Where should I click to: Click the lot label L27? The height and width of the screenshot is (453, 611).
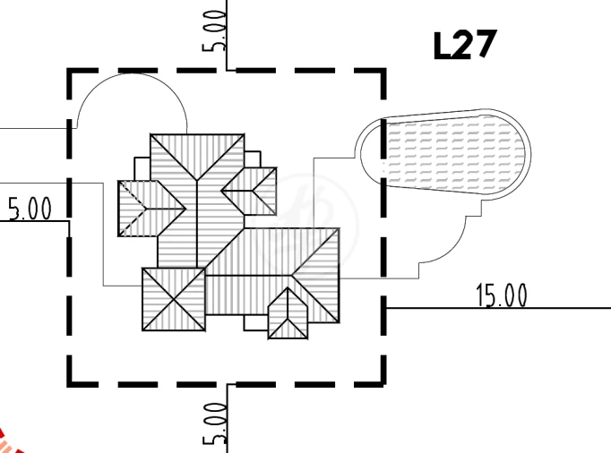tap(465, 45)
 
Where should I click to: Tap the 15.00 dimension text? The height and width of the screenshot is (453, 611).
tap(502, 295)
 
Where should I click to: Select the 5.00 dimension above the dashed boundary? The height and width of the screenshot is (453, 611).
tap(214, 30)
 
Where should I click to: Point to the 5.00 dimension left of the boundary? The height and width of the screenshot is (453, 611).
tap(30, 209)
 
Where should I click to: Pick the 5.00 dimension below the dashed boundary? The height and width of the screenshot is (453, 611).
tap(214, 423)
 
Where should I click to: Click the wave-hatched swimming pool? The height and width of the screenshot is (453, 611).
tap(454, 154)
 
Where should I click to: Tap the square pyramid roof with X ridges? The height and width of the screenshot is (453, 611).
tap(174, 299)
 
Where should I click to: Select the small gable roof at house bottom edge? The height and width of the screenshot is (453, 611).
tap(288, 313)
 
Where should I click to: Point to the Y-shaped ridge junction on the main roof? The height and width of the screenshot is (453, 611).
tap(197, 180)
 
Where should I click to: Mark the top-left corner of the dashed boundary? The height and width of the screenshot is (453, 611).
tap(70, 71)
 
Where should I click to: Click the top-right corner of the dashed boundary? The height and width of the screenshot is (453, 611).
tap(383, 71)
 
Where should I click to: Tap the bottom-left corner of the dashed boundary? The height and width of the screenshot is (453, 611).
tap(70, 384)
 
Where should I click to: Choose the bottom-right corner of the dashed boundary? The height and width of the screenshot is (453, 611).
tap(383, 384)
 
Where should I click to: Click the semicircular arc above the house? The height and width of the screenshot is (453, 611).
tap(132, 74)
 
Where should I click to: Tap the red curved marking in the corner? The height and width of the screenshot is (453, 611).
tap(7, 443)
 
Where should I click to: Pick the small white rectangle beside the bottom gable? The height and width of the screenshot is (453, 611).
tap(256, 322)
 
